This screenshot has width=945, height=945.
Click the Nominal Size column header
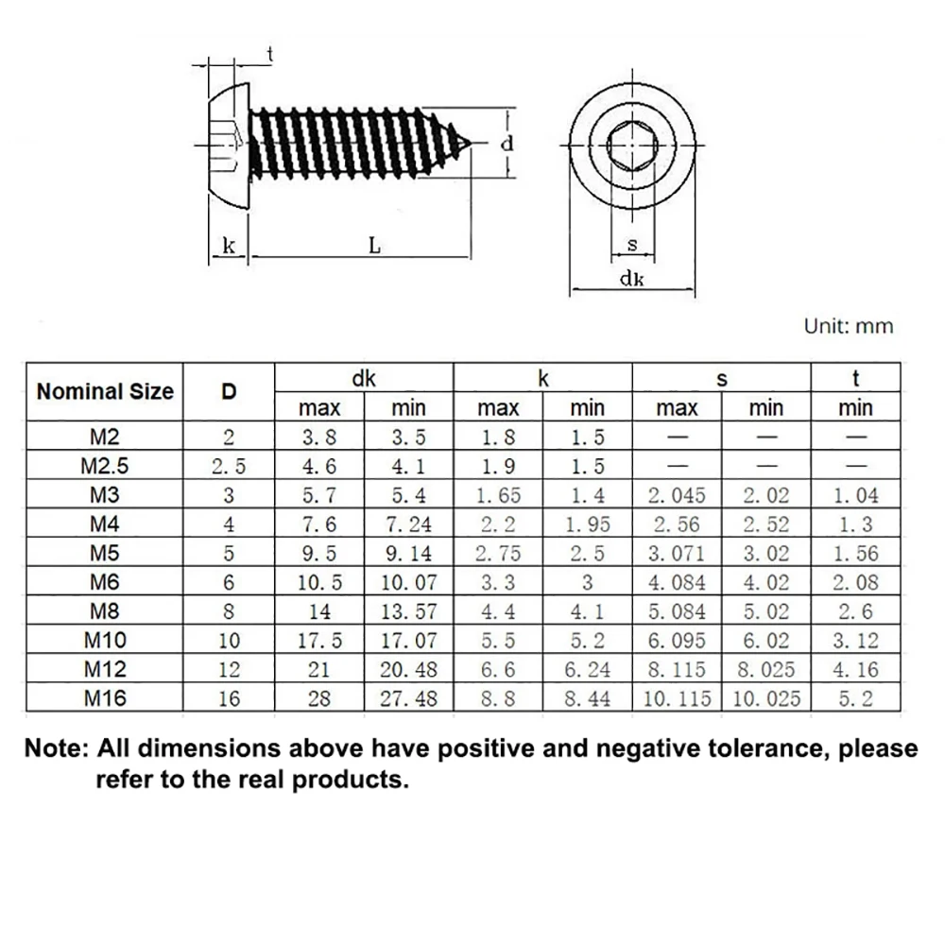(x=105, y=391)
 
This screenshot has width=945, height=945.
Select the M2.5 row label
(x=105, y=466)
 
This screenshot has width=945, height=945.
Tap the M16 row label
(x=105, y=698)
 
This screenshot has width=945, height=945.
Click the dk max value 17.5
(x=319, y=641)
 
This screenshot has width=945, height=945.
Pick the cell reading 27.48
(x=409, y=698)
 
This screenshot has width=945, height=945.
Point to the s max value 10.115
(x=677, y=698)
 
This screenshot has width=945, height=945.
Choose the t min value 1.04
(x=855, y=495)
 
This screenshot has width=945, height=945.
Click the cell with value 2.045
(x=677, y=495)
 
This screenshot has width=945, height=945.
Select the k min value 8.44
(x=587, y=698)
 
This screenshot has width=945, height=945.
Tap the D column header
(x=229, y=391)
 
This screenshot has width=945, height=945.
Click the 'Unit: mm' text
(x=848, y=326)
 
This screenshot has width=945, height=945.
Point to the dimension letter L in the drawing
(x=375, y=246)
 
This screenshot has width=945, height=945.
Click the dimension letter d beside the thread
(x=507, y=144)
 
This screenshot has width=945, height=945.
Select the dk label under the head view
(x=631, y=279)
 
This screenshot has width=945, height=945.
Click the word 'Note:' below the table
(x=56, y=749)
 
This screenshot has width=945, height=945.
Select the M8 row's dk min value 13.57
(x=409, y=611)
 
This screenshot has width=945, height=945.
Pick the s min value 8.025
(x=765, y=670)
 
